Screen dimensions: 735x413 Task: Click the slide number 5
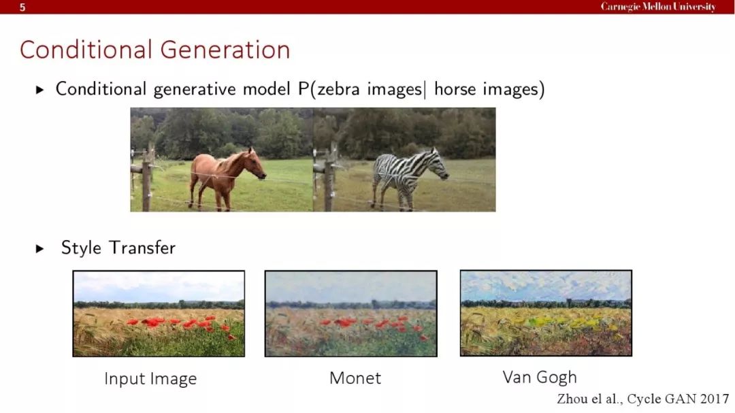pyautogui.click(x=22, y=7)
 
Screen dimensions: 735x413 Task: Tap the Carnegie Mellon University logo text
pyautogui.click(x=658, y=7)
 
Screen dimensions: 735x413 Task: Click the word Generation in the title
pyautogui.click(x=225, y=50)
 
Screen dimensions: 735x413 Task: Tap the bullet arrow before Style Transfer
pyautogui.click(x=40, y=248)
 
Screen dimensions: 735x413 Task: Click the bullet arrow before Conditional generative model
pyautogui.click(x=40, y=90)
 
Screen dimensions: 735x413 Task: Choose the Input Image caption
pyautogui.click(x=150, y=379)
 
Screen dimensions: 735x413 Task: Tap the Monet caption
pyautogui.click(x=355, y=378)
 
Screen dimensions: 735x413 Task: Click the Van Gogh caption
pyautogui.click(x=540, y=378)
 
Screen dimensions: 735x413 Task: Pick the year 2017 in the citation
pyautogui.click(x=715, y=399)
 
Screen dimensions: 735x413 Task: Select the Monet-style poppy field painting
pyautogui.click(x=350, y=314)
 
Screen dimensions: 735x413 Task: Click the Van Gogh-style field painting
pyautogui.click(x=546, y=313)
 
